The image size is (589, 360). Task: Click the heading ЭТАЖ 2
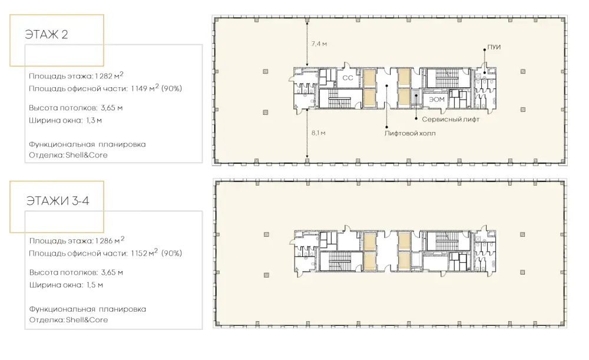(46, 35)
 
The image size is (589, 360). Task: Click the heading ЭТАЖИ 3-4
(58, 201)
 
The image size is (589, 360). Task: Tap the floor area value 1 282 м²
(109, 75)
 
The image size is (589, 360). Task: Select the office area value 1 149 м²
(145, 88)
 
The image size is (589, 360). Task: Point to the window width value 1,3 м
(94, 121)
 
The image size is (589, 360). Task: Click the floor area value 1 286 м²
(110, 240)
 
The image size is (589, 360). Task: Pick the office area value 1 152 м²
(145, 253)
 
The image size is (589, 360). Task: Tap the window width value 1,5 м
(95, 285)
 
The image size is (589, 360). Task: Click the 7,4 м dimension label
(319, 44)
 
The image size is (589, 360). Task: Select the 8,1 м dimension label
(318, 133)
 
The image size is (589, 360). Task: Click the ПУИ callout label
(494, 47)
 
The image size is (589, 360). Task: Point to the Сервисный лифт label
(451, 120)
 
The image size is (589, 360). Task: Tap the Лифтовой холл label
(410, 133)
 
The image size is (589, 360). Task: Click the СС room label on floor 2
(348, 78)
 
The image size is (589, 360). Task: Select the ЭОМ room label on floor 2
(437, 100)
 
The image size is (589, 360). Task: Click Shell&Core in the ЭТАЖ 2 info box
(87, 155)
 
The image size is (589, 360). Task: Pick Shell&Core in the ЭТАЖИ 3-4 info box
(87, 320)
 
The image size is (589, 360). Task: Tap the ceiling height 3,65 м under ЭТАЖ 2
(111, 108)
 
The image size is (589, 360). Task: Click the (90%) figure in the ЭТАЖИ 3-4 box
(171, 254)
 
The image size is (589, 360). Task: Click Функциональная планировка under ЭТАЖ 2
(87, 145)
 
